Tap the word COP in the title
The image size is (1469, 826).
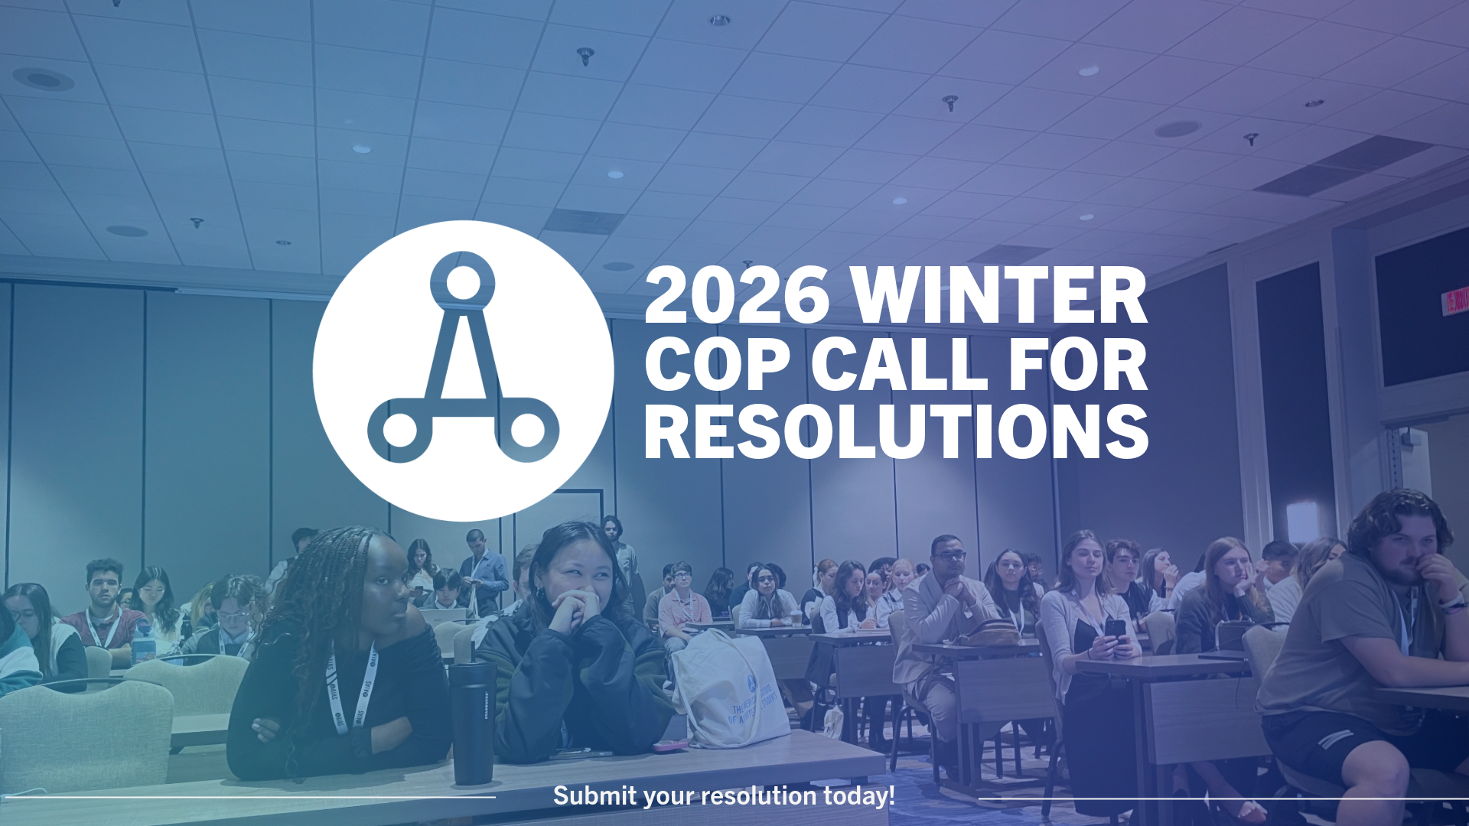[717, 363]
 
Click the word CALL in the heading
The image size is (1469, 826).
[899, 363]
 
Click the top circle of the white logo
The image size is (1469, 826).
[462, 282]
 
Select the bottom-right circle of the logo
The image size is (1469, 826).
[526, 430]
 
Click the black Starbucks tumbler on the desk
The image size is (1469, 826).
[473, 723]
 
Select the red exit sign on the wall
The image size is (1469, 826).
[1455, 300]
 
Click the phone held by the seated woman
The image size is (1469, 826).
[1115, 629]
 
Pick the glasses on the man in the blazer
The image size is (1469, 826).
[949, 554]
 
